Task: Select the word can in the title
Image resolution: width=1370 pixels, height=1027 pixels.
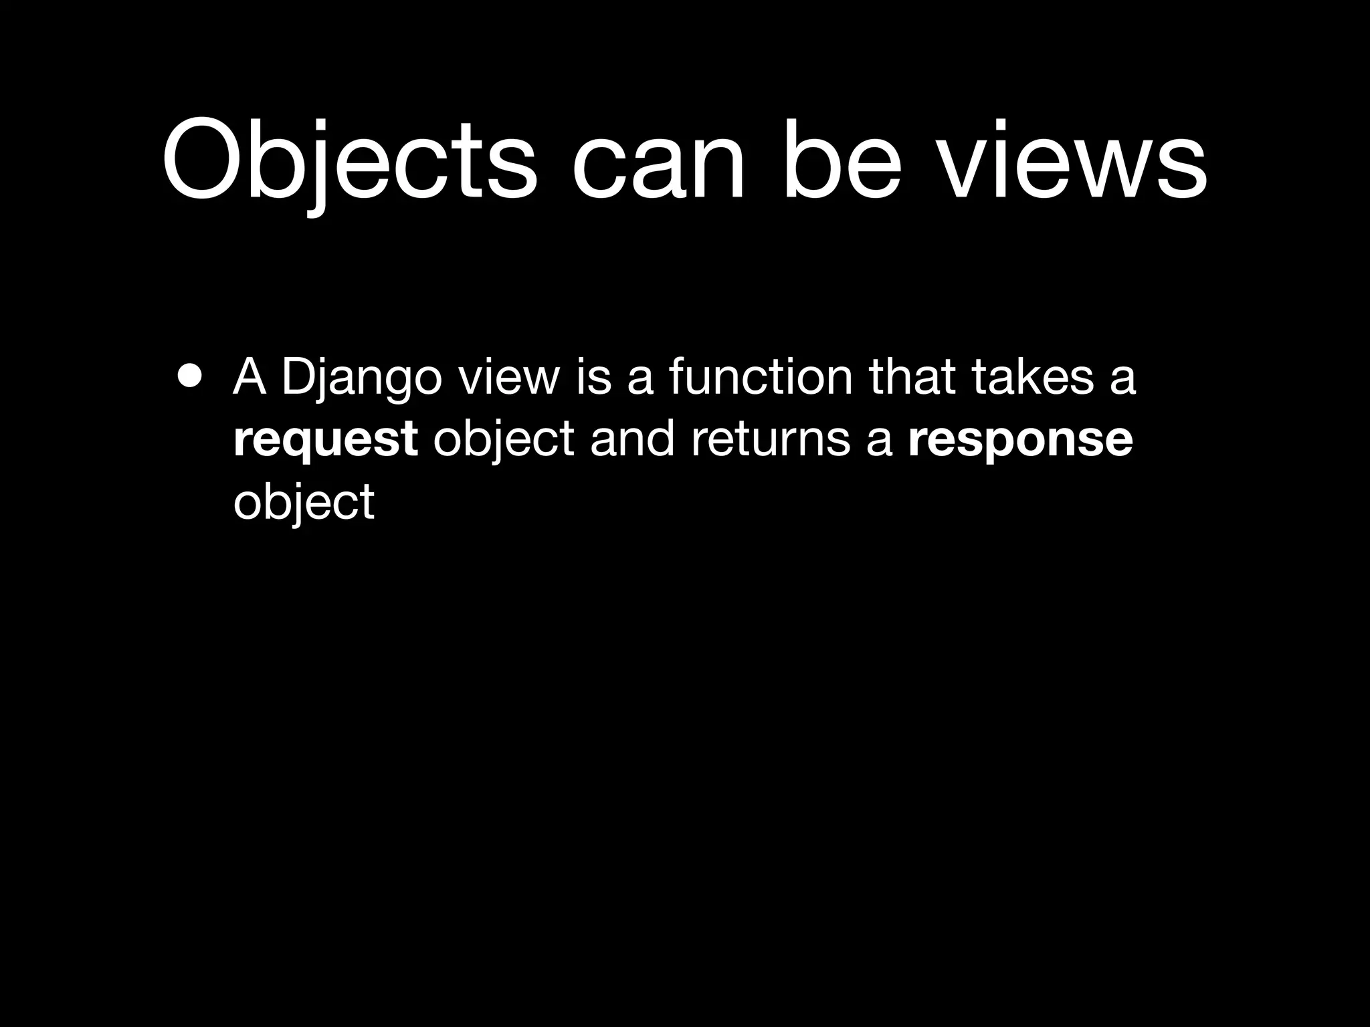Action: pyautogui.click(x=659, y=164)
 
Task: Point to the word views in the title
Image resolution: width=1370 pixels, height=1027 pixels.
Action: pyautogui.click(x=1073, y=160)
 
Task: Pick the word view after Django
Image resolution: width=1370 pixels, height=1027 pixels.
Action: pyautogui.click(x=508, y=377)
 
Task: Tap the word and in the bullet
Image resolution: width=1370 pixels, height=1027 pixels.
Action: pyautogui.click(x=631, y=439)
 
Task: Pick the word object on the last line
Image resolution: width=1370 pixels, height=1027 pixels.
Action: pyautogui.click(x=304, y=503)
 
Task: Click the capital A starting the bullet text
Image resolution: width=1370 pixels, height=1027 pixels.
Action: pyautogui.click(x=249, y=377)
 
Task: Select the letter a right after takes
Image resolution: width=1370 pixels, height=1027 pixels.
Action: pyautogui.click(x=1123, y=378)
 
